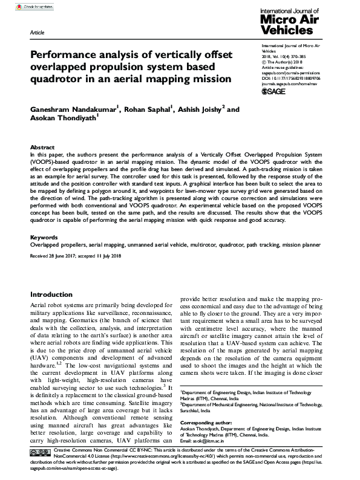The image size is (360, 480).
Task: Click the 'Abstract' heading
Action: coord(42,148)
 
